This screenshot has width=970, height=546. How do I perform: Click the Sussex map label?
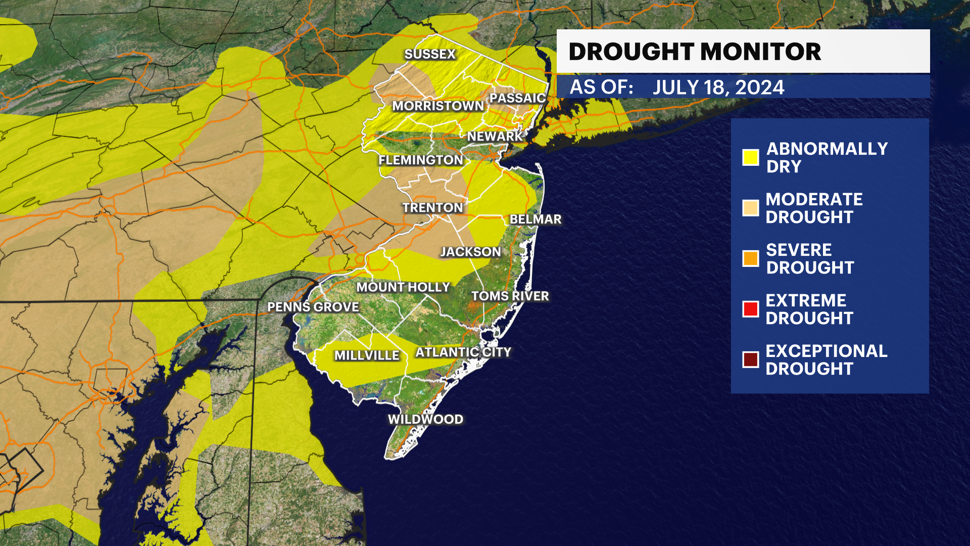tap(430, 54)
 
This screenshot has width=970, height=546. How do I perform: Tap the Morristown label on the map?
tap(438, 106)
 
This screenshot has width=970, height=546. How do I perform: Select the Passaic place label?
tap(517, 98)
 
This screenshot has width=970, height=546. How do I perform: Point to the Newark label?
tap(494, 136)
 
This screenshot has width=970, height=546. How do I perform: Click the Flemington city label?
tap(420, 160)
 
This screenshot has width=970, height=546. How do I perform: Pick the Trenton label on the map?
tap(432, 207)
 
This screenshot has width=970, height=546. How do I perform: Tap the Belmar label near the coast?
tap(536, 219)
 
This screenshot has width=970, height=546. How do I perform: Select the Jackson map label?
tap(470, 252)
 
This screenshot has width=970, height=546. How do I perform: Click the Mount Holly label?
tap(403, 287)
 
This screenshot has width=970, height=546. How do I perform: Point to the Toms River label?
tap(510, 296)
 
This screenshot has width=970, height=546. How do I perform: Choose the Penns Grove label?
tap(313, 307)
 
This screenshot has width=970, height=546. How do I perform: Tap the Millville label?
tap(367, 355)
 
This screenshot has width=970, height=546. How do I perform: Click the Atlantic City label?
tap(463, 352)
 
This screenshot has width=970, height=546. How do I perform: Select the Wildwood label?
tap(425, 419)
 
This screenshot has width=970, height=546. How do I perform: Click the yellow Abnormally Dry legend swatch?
tap(750, 157)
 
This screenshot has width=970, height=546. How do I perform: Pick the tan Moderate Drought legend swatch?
tap(750, 208)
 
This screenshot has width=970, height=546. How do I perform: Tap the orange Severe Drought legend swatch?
tap(750, 258)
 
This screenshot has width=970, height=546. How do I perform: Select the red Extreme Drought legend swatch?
tap(750, 309)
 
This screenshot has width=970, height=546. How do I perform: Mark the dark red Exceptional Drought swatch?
tap(750, 359)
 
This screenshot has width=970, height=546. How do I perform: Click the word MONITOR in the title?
tap(760, 52)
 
